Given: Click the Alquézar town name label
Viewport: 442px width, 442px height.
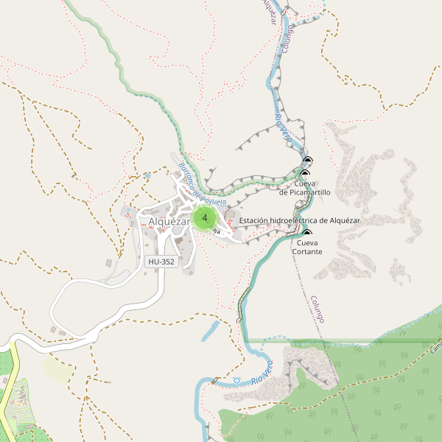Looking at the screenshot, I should point(169,222).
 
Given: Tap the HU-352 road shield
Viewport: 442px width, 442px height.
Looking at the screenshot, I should point(161,262).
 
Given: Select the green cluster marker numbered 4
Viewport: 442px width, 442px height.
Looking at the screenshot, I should point(204,218).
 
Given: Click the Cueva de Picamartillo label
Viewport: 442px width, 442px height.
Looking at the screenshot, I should point(305,188).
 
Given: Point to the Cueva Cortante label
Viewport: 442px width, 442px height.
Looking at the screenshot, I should point(306,247).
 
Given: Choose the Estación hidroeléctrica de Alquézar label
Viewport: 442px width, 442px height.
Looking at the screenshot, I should point(300,220).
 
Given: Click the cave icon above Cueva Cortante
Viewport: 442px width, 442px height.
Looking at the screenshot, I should point(306,234).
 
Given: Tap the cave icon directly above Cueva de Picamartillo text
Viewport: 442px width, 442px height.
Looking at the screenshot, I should point(304,174).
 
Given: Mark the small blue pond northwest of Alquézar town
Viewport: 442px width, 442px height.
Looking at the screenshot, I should point(147,176).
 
